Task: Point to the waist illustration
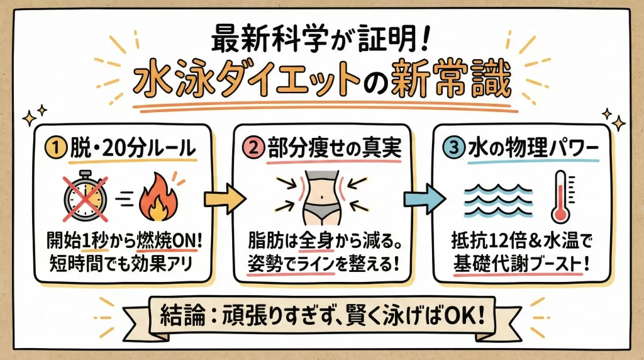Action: tap(323, 195)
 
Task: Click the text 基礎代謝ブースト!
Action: tap(522, 262)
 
